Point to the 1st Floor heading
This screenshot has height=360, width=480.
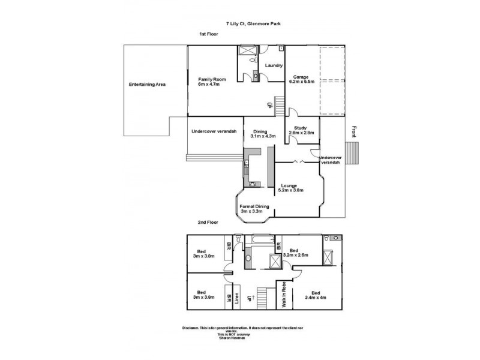(x=209, y=34)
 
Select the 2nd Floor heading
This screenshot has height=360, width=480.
(x=207, y=222)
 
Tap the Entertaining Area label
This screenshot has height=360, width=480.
(x=147, y=84)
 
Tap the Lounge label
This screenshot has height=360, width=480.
(x=289, y=185)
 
